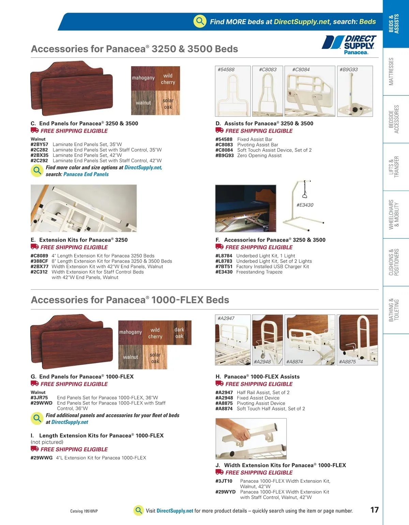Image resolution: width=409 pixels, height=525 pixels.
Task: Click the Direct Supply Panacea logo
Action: tap(349, 45)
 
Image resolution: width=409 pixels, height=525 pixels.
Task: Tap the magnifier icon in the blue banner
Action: tap(200, 21)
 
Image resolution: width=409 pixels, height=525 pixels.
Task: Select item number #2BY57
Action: tap(40, 145)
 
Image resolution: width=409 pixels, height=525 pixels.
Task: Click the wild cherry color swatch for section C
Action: tap(168, 79)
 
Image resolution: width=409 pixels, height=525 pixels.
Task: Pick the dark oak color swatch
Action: tap(179, 333)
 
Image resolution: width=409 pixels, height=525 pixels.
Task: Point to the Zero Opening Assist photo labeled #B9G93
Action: tap(354, 91)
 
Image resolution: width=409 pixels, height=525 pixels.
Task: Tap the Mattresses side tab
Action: tap(391, 72)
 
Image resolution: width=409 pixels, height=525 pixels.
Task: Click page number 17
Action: tap(374, 510)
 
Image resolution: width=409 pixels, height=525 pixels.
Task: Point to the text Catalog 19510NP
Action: tap(84, 511)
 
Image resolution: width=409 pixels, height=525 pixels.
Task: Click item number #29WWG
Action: tap(42, 458)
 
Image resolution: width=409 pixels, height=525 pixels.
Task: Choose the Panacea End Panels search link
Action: tap(86, 174)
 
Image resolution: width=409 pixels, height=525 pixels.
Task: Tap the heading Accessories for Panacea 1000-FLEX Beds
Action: tap(130, 300)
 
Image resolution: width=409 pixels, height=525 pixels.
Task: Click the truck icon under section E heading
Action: tap(34, 247)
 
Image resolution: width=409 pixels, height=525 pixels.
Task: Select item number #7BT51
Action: tap(224, 267)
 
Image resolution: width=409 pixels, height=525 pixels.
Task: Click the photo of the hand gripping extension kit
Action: tap(251, 438)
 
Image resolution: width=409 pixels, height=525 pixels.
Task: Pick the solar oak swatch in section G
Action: tap(155, 358)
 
